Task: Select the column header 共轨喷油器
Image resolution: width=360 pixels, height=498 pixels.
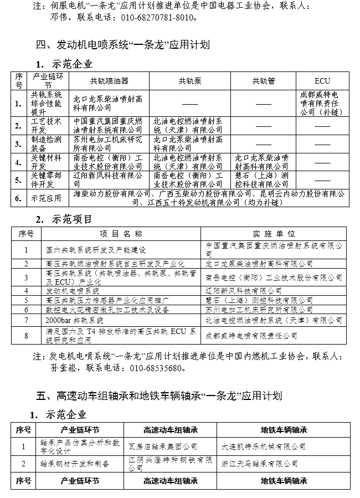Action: [x=109, y=81]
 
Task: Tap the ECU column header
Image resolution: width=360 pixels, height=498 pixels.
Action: [x=322, y=81]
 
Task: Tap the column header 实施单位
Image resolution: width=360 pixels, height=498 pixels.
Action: [x=274, y=234]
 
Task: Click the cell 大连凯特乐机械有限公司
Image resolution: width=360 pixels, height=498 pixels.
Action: [x=264, y=445]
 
